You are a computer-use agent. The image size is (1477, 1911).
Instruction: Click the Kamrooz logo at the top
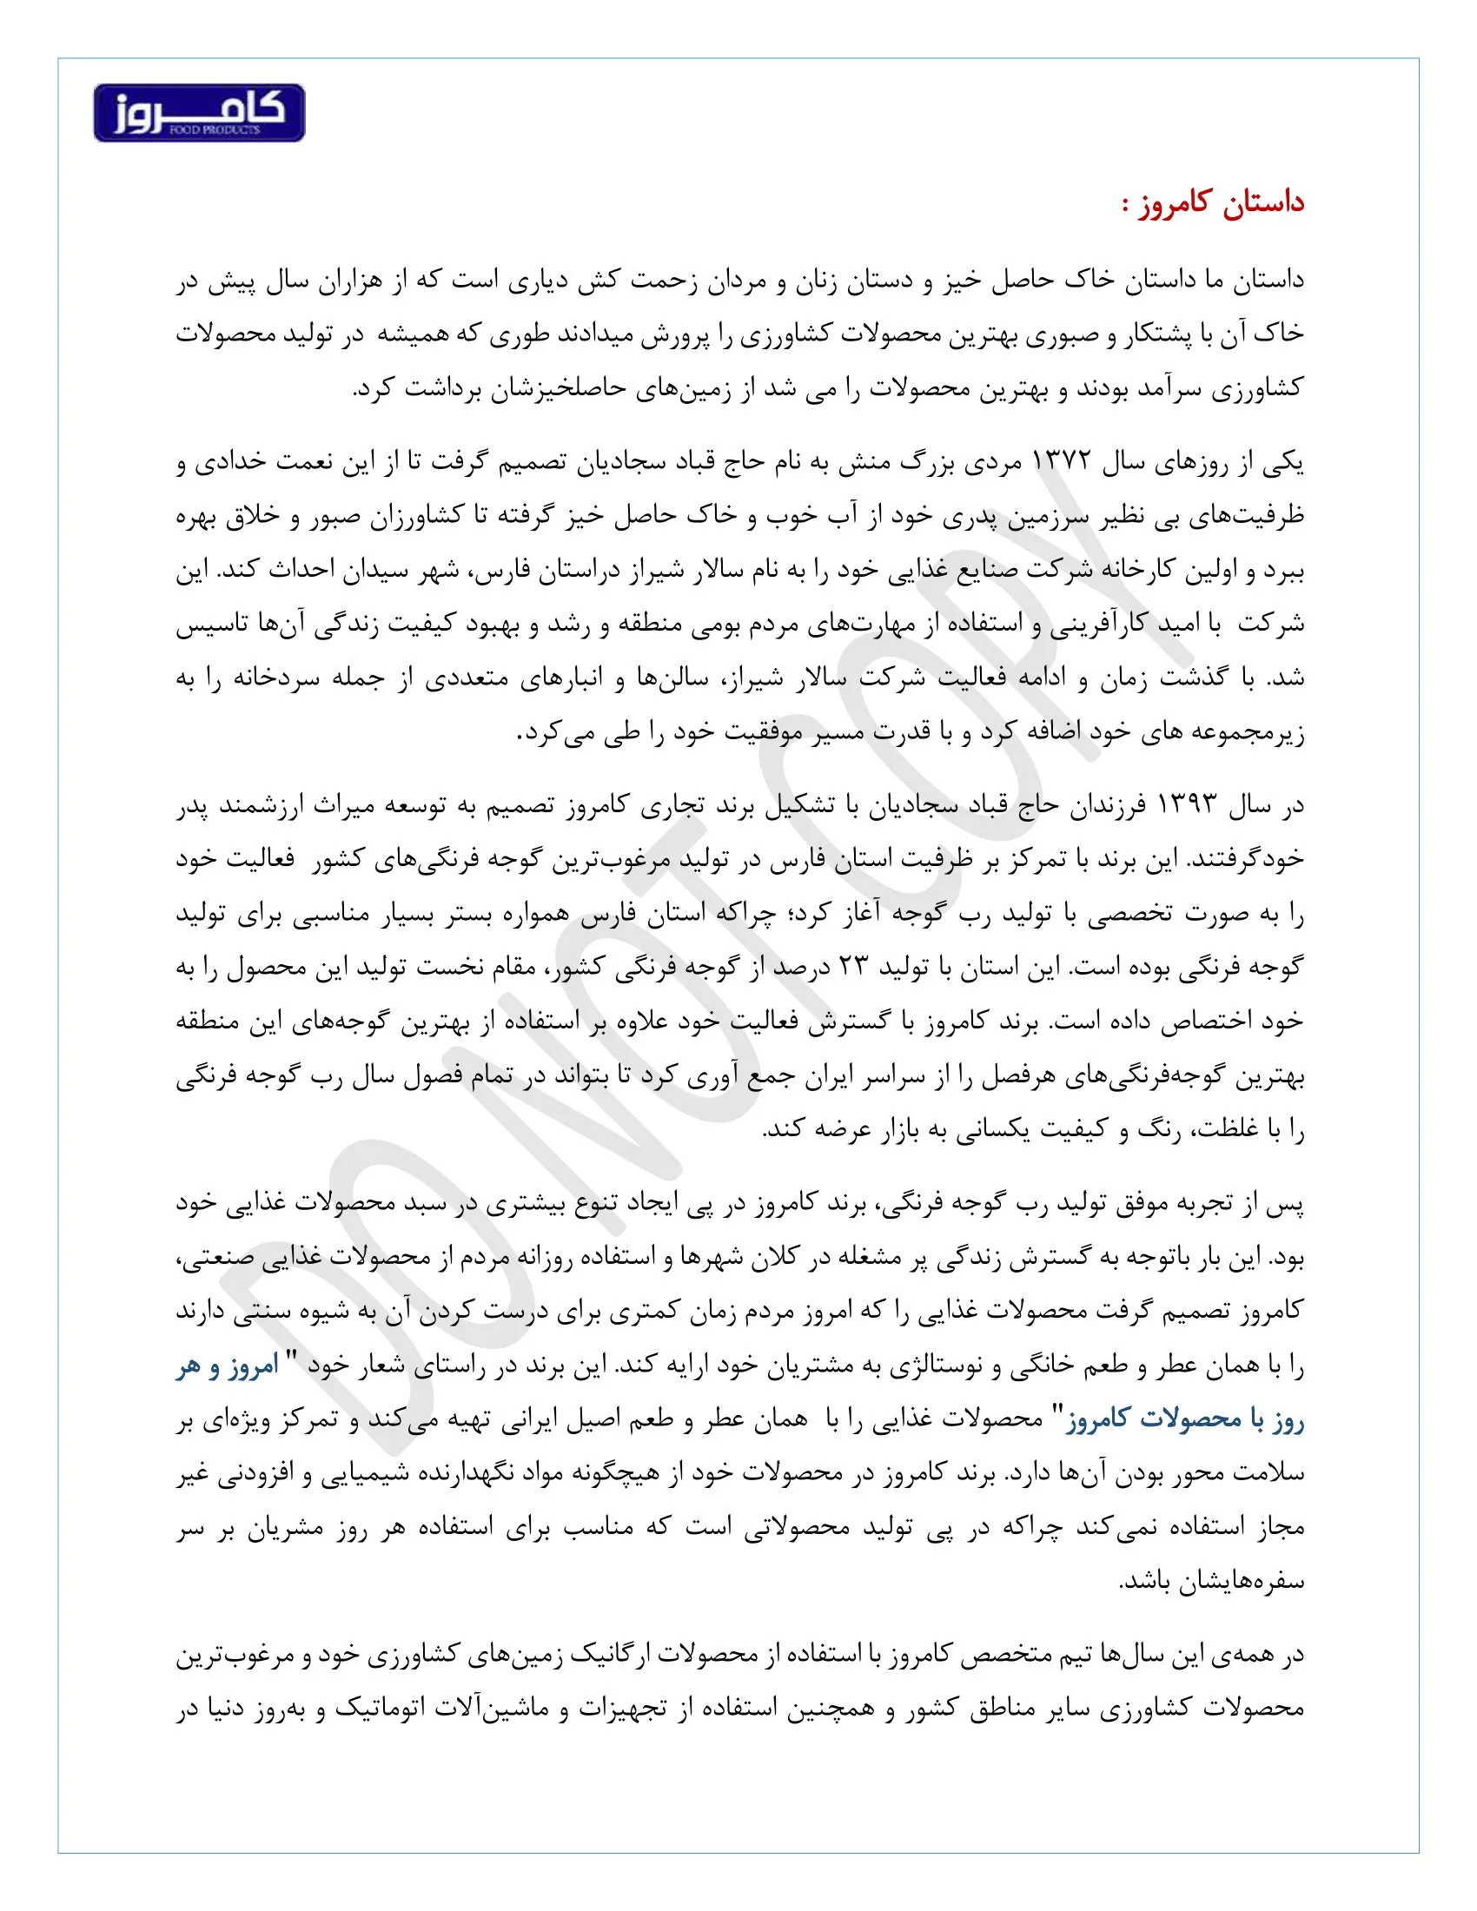(x=199, y=113)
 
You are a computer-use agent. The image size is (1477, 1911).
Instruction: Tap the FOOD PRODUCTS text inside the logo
(x=215, y=130)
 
